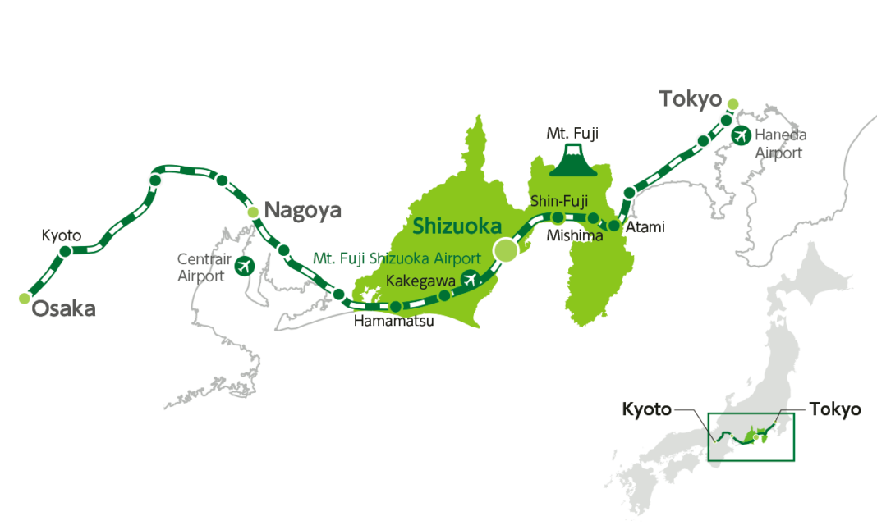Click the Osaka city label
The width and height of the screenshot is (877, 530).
point(63,309)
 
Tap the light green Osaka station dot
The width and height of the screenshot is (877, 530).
point(24,299)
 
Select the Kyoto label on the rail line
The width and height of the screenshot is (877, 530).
point(62,235)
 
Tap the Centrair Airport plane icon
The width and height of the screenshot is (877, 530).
point(244,266)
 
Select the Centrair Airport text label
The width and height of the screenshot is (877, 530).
point(201,267)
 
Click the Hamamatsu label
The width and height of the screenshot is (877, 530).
point(393,322)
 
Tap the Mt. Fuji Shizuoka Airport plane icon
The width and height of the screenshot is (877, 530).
point(471,279)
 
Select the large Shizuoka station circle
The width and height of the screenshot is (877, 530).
point(505,251)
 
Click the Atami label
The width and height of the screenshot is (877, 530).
point(645,226)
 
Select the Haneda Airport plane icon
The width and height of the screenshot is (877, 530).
point(742,135)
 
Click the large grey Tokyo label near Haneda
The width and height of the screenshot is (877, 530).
point(690,99)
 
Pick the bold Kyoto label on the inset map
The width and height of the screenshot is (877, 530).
point(646,409)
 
